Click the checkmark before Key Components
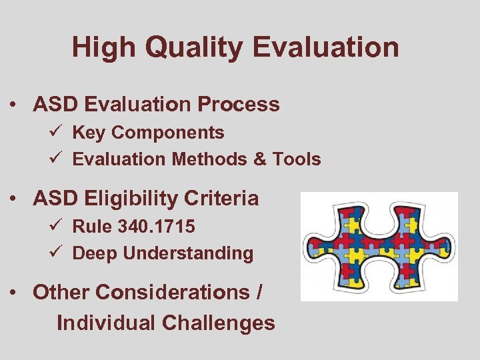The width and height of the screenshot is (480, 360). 59,133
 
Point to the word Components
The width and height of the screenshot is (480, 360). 167,133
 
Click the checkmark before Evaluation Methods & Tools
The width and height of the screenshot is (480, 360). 59,159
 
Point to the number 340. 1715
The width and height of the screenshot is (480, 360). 157,227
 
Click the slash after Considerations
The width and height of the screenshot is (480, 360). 258,292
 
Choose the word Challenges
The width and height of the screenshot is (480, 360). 218,323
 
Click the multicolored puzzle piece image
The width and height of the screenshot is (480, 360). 379,247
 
